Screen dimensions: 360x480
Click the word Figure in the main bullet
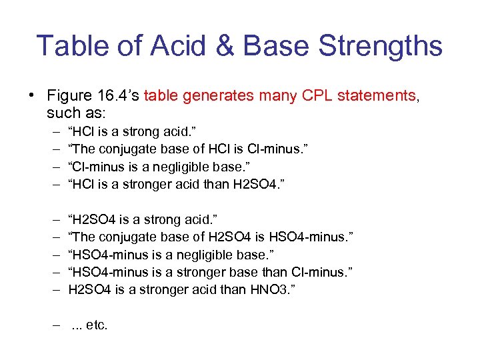point(69,95)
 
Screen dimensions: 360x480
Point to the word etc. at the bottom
point(97,326)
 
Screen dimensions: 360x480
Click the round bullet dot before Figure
point(31,95)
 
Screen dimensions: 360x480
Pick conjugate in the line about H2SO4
point(124,237)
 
